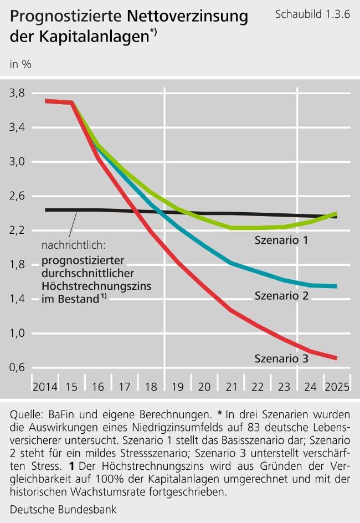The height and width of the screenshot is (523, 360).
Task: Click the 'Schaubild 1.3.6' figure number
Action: pos(312,14)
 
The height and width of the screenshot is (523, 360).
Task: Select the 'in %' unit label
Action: pos(20,64)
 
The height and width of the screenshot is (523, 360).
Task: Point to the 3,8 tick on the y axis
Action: pos(20,93)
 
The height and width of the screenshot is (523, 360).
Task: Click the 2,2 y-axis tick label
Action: pos(20,230)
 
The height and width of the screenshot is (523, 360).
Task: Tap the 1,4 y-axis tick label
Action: pos(20,299)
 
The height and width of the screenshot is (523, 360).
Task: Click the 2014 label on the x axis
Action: pos(45,386)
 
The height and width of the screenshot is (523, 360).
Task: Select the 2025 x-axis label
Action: pos(337,386)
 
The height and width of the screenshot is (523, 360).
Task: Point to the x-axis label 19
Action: pos(178,386)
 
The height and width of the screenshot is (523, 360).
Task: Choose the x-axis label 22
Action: pos(258,386)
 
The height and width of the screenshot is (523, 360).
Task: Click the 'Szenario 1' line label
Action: pos(281,240)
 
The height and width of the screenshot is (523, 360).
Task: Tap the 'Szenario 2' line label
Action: pos(281,296)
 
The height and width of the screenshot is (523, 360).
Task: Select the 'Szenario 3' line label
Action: pos(281,358)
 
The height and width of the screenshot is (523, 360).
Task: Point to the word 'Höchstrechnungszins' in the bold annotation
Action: pos(97,286)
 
